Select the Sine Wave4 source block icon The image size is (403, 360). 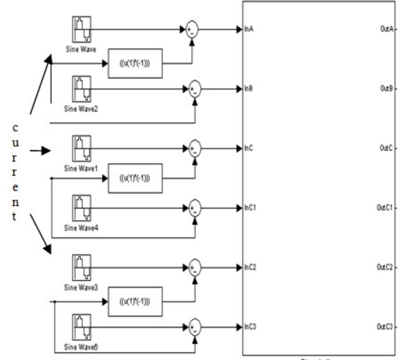pyautogui.click(x=81, y=208)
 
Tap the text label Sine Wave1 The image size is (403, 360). pyautogui.click(x=81, y=168)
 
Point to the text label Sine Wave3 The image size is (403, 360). pyautogui.click(x=81, y=287)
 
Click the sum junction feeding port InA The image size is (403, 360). pyautogui.click(x=192, y=30)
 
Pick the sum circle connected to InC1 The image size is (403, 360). pyautogui.click(x=194, y=208)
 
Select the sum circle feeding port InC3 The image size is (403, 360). pyautogui.click(x=194, y=327)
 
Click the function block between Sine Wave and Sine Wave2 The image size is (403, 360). pyautogui.click(x=135, y=64)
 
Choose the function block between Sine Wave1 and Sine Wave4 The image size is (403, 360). pyautogui.click(x=135, y=178)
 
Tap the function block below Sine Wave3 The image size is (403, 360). pyautogui.click(x=135, y=302)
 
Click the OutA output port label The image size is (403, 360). pyautogui.click(x=387, y=30)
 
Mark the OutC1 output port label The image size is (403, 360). pyautogui.click(x=386, y=208)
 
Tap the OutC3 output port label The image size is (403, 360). pyautogui.click(x=386, y=327)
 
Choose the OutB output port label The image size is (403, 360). pyautogui.click(x=387, y=90)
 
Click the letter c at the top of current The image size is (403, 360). pyautogui.click(x=16, y=128)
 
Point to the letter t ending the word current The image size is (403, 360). pyautogui.click(x=16, y=217)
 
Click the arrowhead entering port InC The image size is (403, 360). pyautogui.click(x=239, y=149)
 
